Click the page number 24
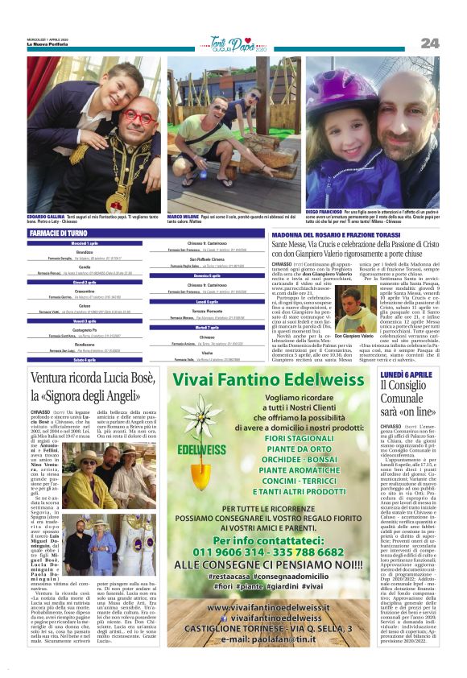[429, 43]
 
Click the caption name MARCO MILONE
[184, 217]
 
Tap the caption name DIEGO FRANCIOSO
[327, 212]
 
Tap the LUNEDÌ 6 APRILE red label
[407, 375]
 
